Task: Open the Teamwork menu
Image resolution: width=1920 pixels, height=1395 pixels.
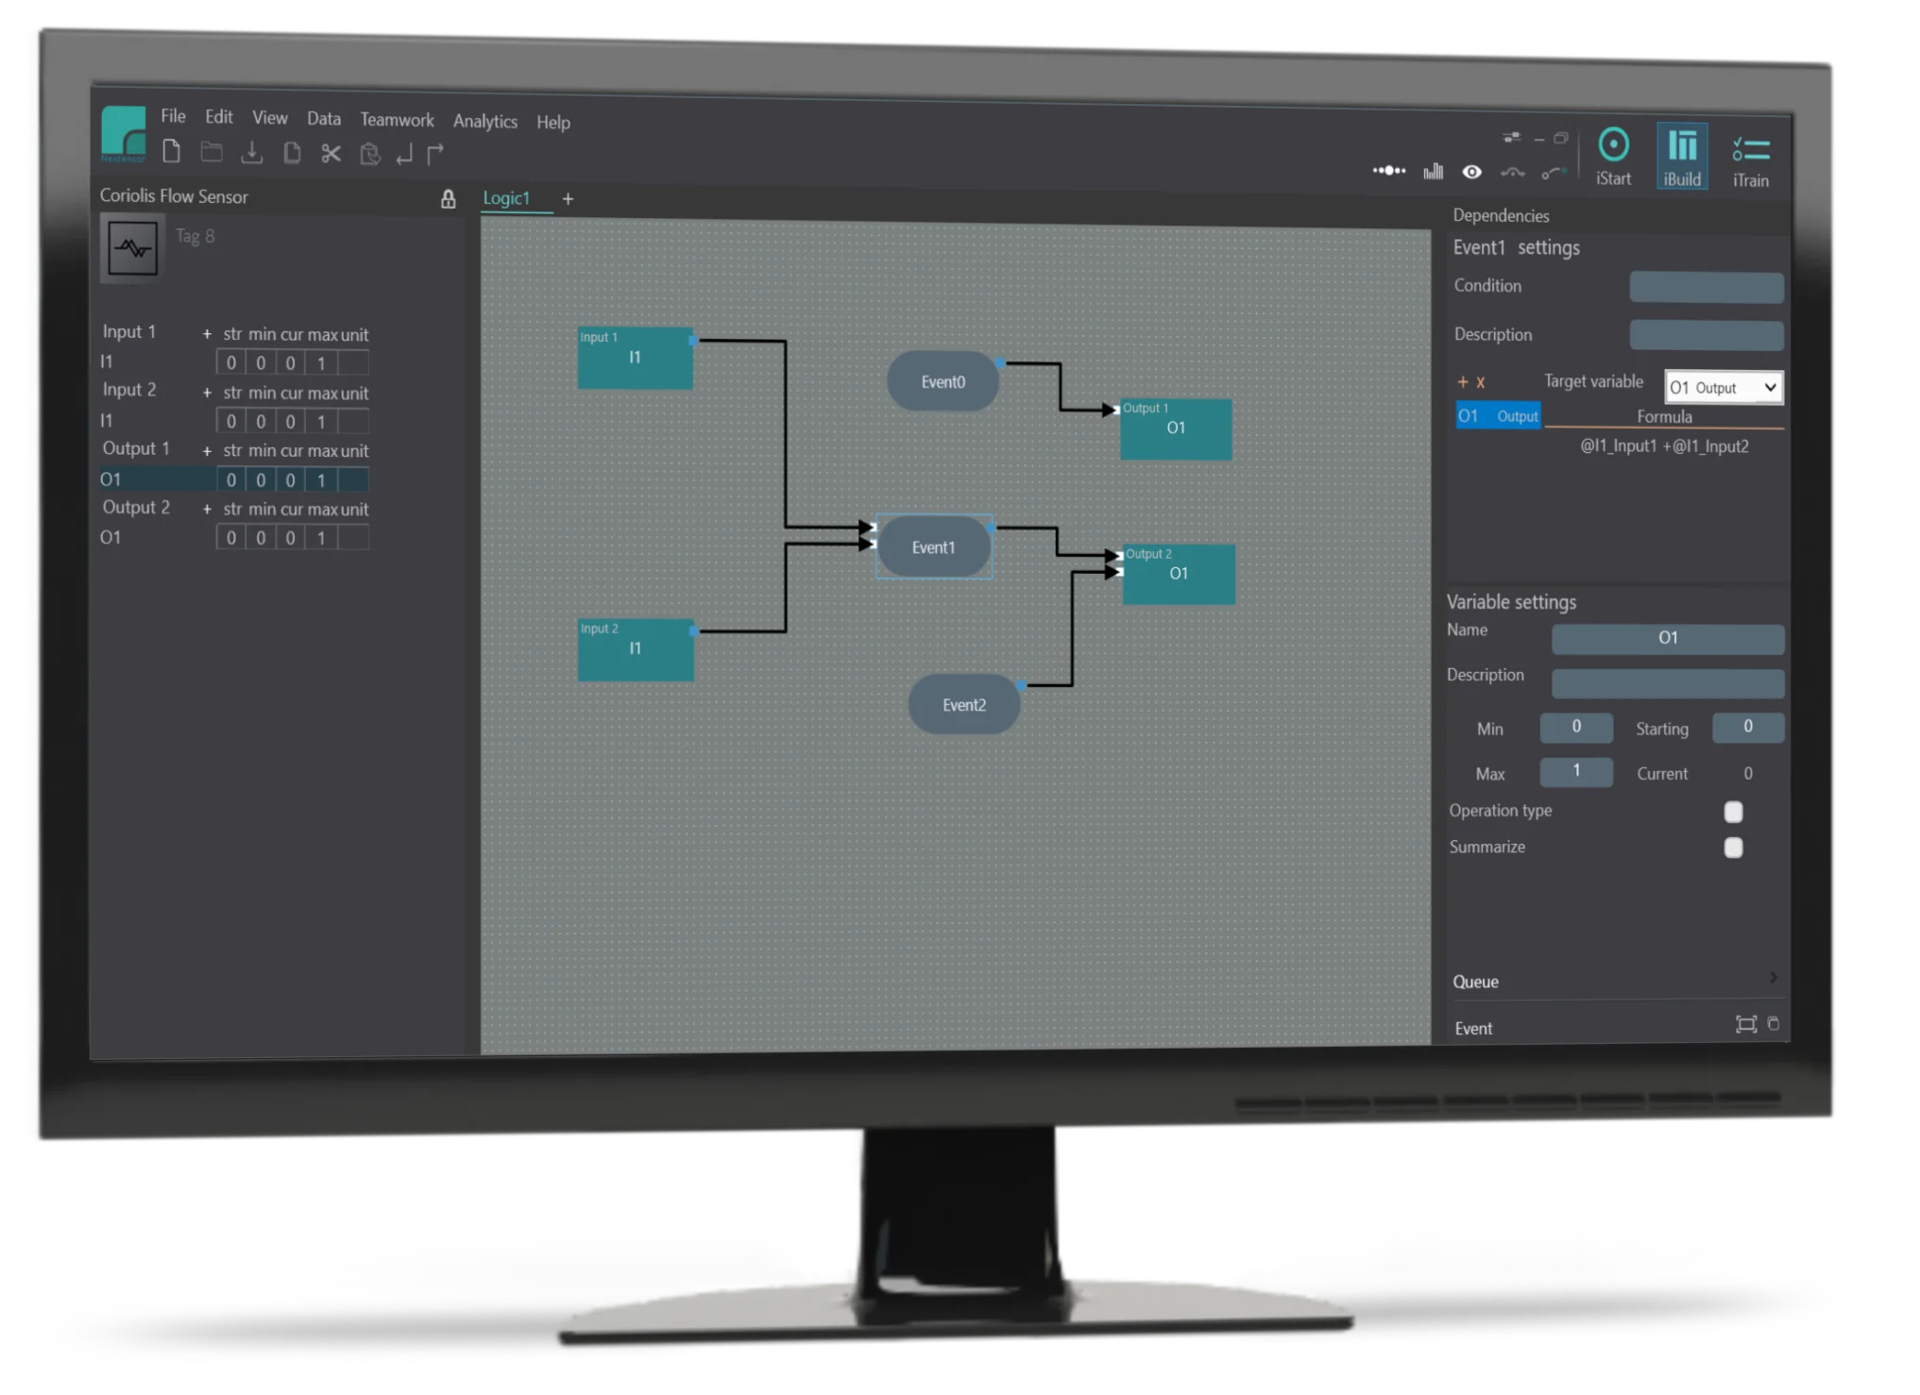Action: [397, 120]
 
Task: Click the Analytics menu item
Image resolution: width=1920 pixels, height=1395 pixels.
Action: [485, 121]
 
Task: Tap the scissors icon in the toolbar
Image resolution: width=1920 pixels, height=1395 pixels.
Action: [331, 153]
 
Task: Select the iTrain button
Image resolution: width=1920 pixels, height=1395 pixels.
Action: [1750, 159]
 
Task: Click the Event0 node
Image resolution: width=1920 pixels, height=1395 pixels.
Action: [943, 381]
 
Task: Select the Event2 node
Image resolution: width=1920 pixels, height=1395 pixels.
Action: [963, 704]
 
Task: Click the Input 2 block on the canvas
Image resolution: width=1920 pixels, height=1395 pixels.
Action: [636, 649]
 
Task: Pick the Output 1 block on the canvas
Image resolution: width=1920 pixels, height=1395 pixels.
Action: [1176, 429]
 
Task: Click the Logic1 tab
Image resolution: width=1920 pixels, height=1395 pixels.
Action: [507, 198]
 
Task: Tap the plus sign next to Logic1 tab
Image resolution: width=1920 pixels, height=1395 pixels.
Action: [568, 198]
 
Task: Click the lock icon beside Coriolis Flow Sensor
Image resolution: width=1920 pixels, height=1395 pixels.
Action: [448, 198]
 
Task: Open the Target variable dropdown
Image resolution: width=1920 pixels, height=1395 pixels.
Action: [1724, 387]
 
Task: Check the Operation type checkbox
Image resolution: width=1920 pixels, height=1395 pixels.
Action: [1733, 812]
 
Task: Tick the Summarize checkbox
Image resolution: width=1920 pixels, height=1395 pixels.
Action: [1733, 848]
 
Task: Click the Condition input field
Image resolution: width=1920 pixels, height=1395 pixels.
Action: [1707, 287]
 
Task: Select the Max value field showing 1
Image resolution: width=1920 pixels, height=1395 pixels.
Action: [1576, 771]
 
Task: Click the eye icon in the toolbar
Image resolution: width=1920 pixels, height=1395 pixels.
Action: [1471, 172]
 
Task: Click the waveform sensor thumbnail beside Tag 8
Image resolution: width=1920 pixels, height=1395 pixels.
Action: [132, 248]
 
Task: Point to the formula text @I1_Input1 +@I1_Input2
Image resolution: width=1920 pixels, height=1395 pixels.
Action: [1664, 445]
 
